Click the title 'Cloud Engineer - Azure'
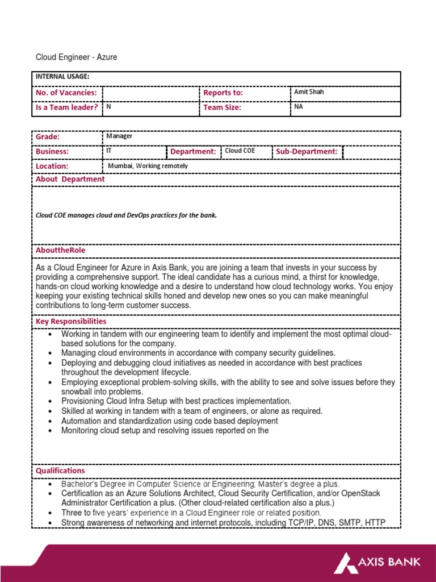(x=76, y=57)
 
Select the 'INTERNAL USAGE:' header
(x=62, y=77)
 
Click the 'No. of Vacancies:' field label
(x=66, y=92)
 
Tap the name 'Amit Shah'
(x=309, y=92)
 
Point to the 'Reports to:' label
(x=223, y=92)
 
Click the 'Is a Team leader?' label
(x=67, y=107)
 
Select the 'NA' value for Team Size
(x=299, y=106)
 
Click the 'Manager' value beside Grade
(x=119, y=136)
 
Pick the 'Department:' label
(x=193, y=152)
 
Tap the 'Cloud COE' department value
(x=240, y=151)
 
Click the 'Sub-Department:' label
(x=307, y=152)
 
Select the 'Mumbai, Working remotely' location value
(x=148, y=166)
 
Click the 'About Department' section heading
(x=70, y=179)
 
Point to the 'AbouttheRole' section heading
(x=61, y=250)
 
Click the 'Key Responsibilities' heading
(x=71, y=321)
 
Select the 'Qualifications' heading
(x=60, y=471)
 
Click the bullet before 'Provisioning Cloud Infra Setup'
(x=51, y=401)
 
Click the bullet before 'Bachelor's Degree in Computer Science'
(x=51, y=484)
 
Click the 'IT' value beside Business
(x=109, y=151)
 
